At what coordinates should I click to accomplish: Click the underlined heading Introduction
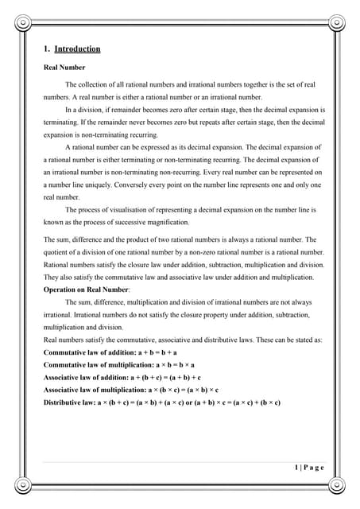point(77,49)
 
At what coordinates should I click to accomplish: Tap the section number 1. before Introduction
point(47,49)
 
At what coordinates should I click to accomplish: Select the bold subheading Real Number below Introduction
point(64,68)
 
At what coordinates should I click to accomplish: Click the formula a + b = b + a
point(153,352)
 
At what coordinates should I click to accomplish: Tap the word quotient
point(60,253)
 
